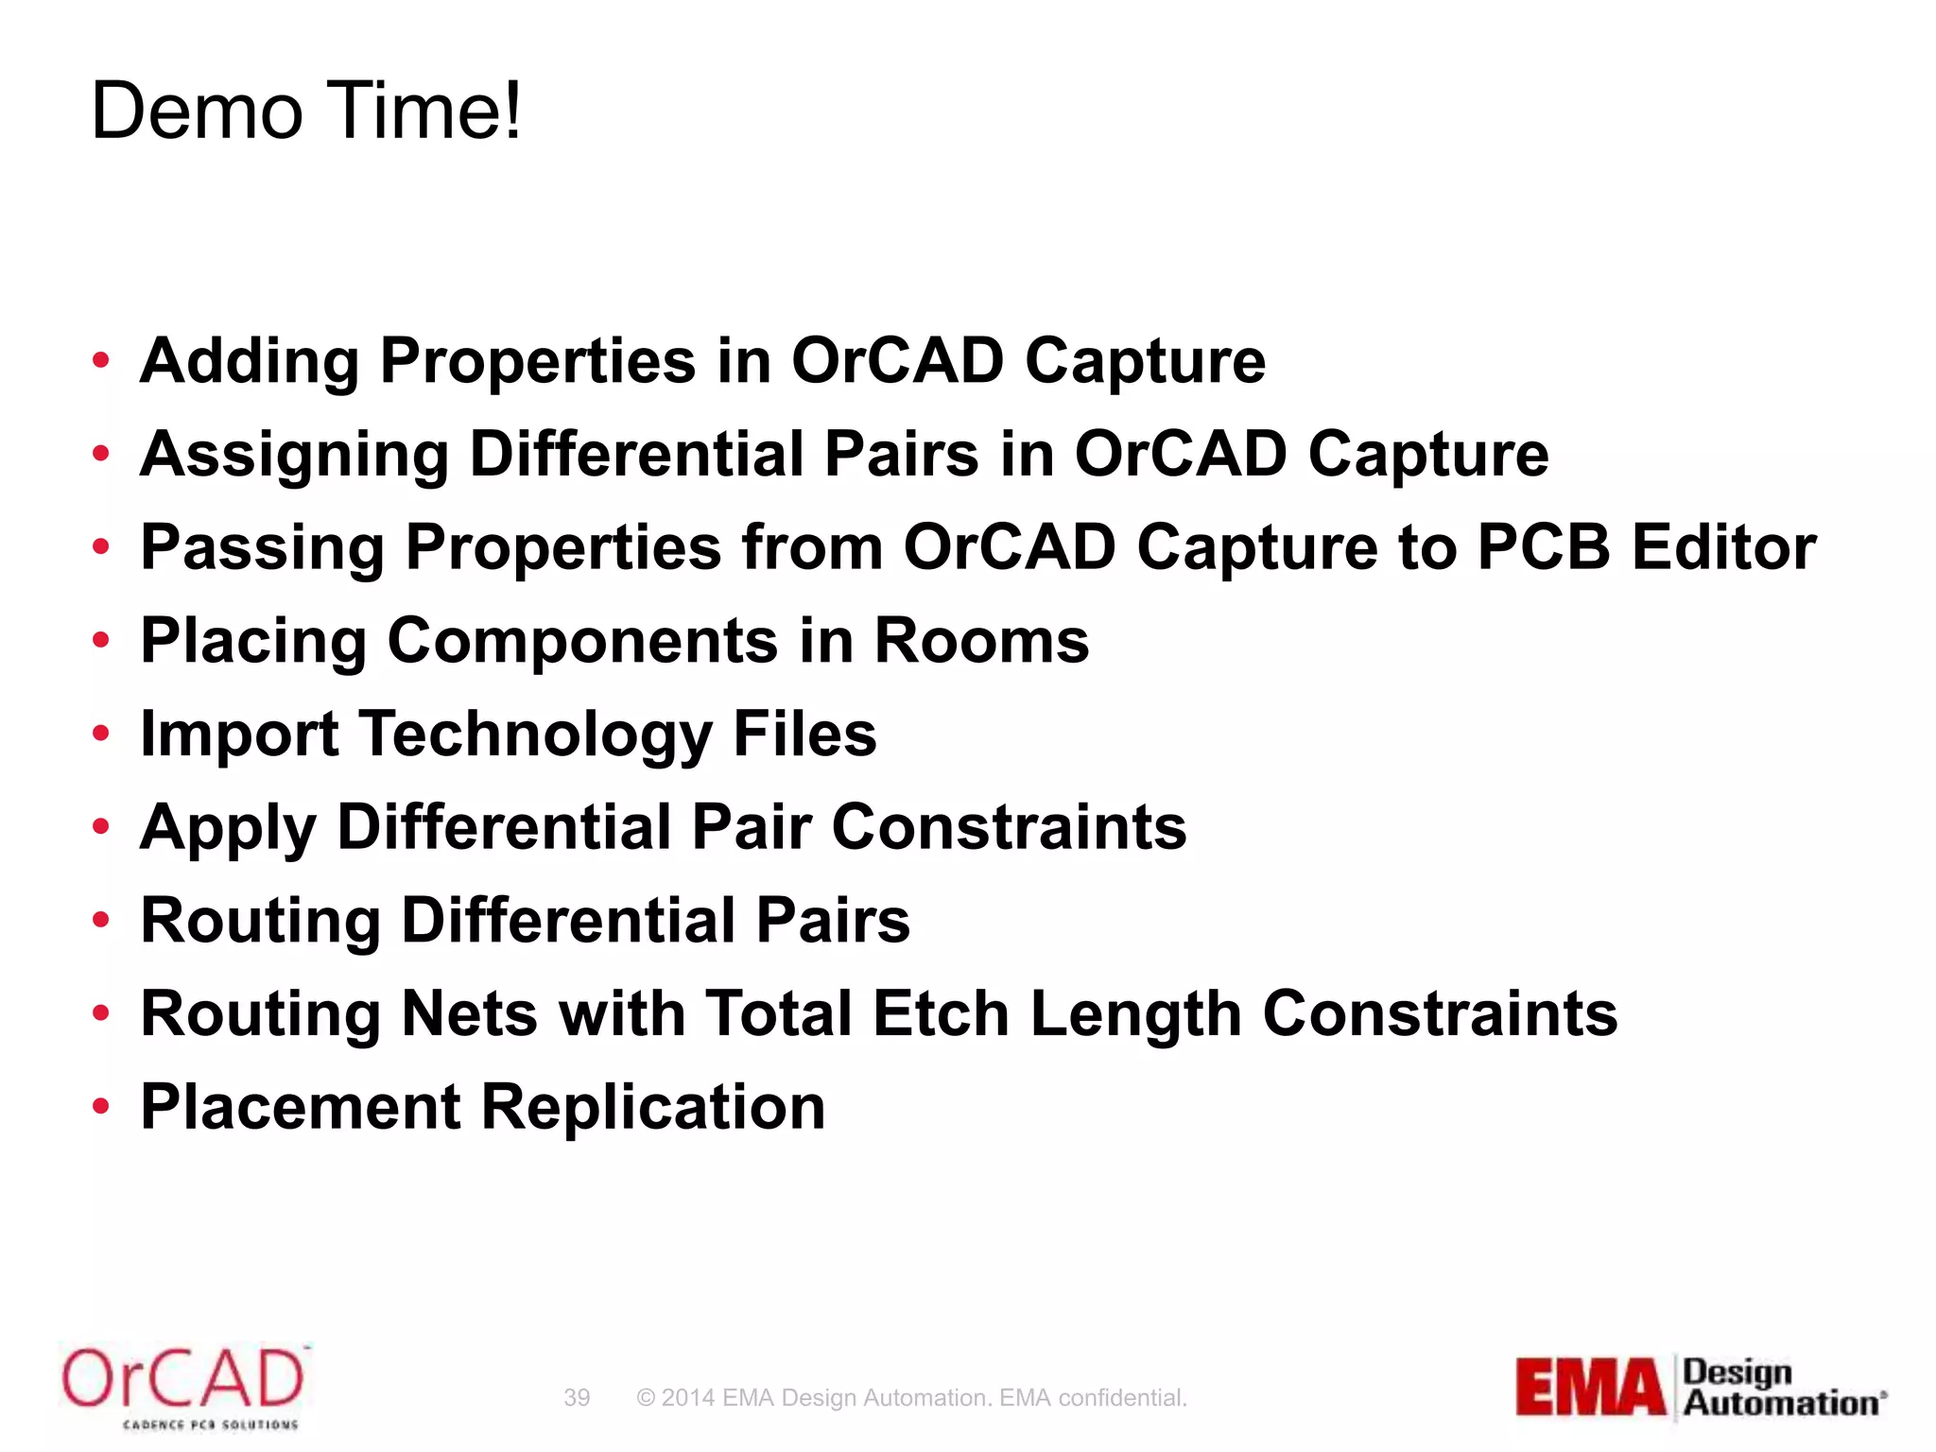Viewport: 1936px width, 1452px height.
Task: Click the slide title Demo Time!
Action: coord(305,112)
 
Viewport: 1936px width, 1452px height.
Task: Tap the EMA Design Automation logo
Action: coord(1700,1387)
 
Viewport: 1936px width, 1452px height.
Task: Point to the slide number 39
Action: coord(577,1397)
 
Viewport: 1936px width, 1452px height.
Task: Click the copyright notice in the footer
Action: coord(911,1397)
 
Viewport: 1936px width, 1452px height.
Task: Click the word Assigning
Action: coord(294,456)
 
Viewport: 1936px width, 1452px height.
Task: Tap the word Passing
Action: coord(262,548)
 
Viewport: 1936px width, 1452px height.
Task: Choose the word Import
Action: coord(239,735)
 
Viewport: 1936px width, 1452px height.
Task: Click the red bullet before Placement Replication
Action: coord(101,1105)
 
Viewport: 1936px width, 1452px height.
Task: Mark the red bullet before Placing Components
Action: coord(101,640)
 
